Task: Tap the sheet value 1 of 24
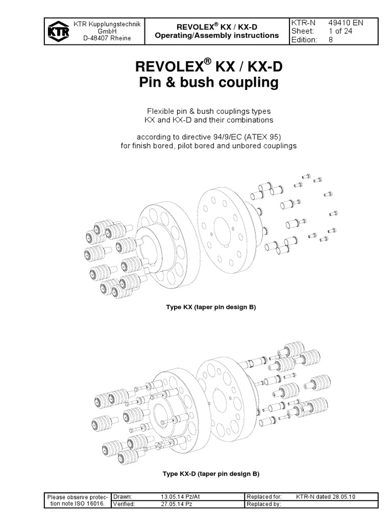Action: coord(342,31)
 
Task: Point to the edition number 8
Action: coord(330,40)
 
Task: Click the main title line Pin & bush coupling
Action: coord(209,83)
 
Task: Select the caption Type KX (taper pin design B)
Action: coord(209,307)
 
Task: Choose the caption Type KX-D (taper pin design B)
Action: coord(211,474)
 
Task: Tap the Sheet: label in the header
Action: coord(302,31)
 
